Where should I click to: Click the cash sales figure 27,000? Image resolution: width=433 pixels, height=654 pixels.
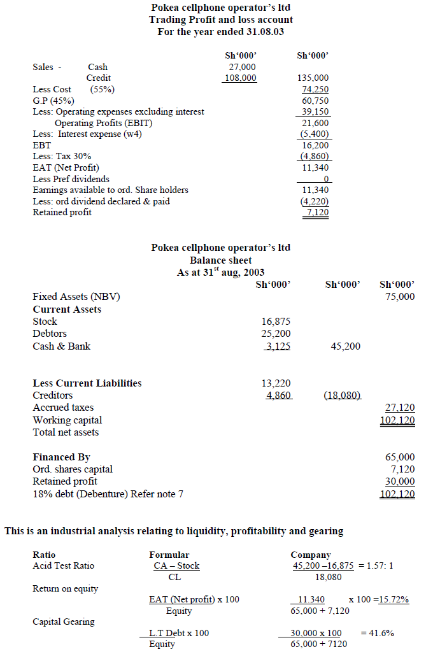coord(242,67)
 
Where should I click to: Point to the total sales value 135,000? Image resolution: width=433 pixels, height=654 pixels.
coord(313,78)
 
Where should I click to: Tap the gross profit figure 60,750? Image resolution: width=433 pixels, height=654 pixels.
coord(315,101)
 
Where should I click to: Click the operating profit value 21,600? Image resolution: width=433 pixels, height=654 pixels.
coord(315,123)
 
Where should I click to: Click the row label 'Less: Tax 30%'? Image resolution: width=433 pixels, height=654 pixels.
coord(62,156)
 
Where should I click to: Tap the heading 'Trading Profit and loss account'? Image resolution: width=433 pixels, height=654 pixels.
coord(221,19)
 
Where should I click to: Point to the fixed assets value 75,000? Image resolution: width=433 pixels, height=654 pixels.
coord(400,297)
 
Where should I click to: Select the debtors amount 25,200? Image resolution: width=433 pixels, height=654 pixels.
coord(276,334)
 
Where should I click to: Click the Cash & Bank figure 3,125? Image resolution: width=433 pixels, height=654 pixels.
coord(278,346)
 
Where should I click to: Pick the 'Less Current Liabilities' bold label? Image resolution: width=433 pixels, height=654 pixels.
coord(87,383)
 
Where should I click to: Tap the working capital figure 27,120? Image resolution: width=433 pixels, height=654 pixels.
coord(401,408)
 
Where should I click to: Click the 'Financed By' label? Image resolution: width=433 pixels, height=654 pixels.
coord(61,457)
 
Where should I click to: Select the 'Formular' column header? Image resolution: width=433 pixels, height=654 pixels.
coord(169,555)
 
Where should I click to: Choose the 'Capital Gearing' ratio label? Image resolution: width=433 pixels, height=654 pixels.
coord(63,622)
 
